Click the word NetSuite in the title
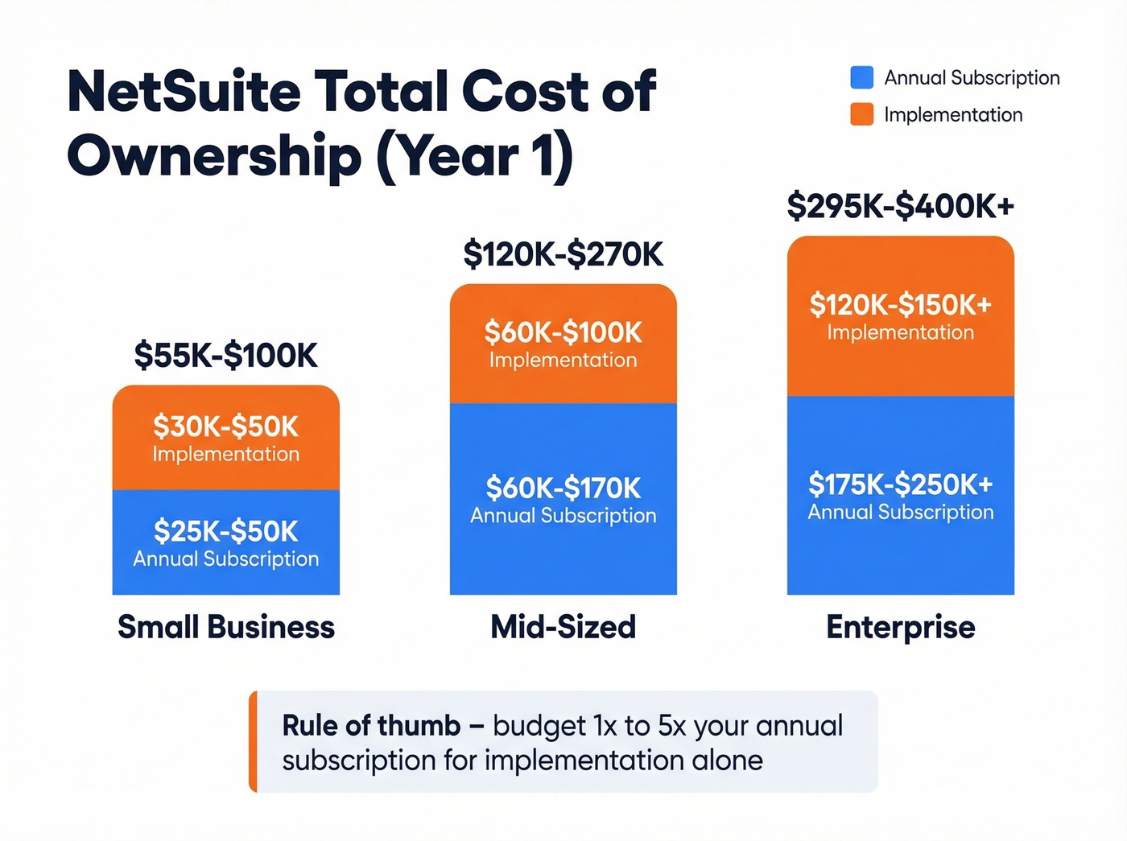pos(184,91)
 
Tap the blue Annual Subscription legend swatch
pos(861,77)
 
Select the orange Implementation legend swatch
pos(861,114)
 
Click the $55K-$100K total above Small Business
pos(225,355)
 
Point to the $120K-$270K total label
pos(563,254)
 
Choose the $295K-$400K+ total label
pos(900,206)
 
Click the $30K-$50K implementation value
pos(225,426)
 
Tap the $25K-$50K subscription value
pos(225,531)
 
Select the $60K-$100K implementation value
pos(563,332)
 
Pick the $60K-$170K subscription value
pos(563,488)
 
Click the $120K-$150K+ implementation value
pos(900,304)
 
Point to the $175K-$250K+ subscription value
pos(900,484)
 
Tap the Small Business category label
pos(225,627)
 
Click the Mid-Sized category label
pos(563,627)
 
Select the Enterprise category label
pos(900,627)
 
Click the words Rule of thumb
pos(371,725)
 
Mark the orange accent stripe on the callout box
pos(253,741)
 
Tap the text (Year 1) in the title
pos(474,156)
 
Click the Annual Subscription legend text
pos(972,77)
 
